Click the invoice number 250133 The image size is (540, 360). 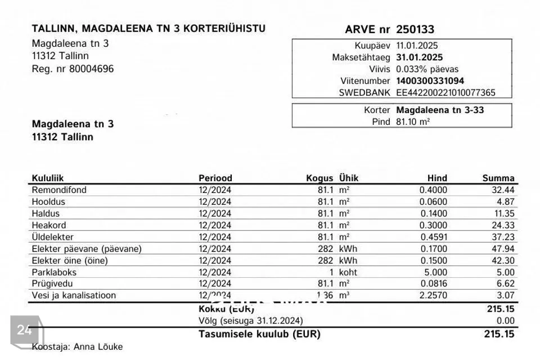tap(415, 29)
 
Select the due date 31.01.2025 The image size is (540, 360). tap(419, 57)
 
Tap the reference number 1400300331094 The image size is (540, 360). tap(430, 81)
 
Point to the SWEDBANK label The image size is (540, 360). tap(364, 93)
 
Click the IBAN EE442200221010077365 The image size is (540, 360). tap(445, 93)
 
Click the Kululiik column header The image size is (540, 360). tap(48, 178)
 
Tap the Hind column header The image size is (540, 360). tap(437, 178)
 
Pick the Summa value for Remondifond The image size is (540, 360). tap(503, 190)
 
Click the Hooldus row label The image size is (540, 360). tap(48, 202)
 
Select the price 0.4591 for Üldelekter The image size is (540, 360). tap(433, 237)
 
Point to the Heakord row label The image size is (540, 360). tap(49, 226)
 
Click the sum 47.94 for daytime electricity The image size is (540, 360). tap(503, 249)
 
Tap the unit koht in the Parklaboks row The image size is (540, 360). tap(348, 273)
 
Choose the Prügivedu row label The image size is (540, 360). tap(52, 284)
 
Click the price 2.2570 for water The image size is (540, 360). tap(433, 296)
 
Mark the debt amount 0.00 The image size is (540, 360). tap(506, 321)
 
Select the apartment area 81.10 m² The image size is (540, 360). tap(413, 122)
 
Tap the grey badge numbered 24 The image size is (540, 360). tap(24, 330)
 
